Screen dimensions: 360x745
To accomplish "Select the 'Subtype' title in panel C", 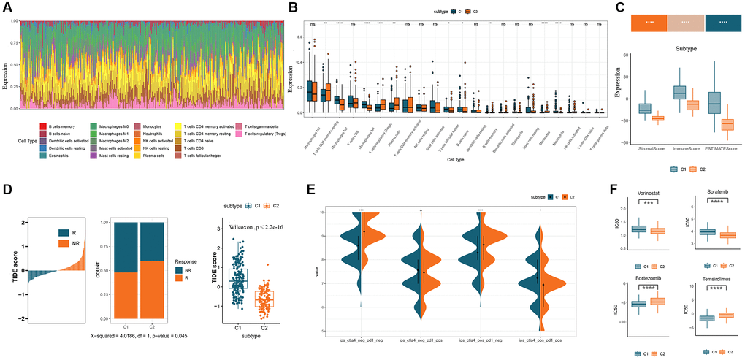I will tap(681, 52).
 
